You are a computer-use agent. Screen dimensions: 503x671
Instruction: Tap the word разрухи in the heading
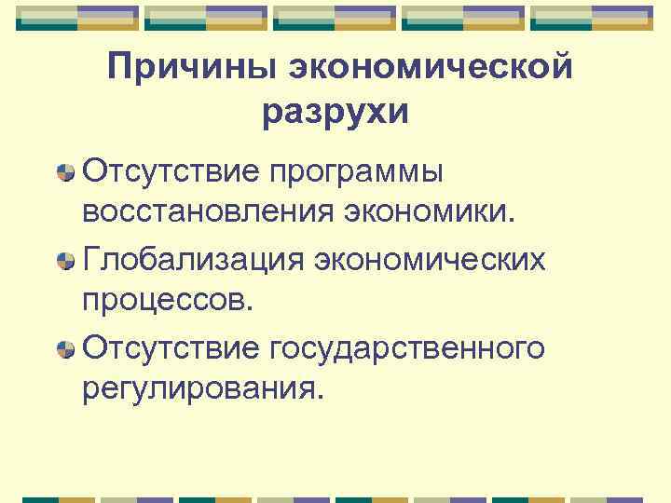(335, 112)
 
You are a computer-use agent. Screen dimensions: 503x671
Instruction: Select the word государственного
(406, 349)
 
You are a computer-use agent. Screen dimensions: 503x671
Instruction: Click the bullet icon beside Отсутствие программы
(65, 173)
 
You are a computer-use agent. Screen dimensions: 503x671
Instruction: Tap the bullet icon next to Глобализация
(65, 261)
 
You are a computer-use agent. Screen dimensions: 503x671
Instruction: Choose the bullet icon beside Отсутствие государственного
(65, 349)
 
